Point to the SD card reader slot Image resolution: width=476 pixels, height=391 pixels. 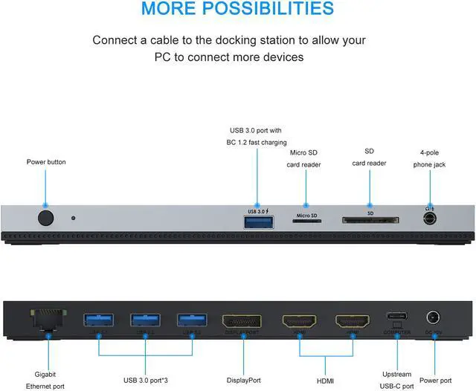click(370, 221)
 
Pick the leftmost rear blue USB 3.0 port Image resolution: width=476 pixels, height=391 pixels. click(100, 320)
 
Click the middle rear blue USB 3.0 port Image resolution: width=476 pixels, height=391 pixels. click(146, 320)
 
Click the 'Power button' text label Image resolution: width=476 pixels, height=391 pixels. click(46, 161)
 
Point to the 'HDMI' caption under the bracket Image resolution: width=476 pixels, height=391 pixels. click(326, 381)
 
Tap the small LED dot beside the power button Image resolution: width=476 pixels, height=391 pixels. click(73, 218)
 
